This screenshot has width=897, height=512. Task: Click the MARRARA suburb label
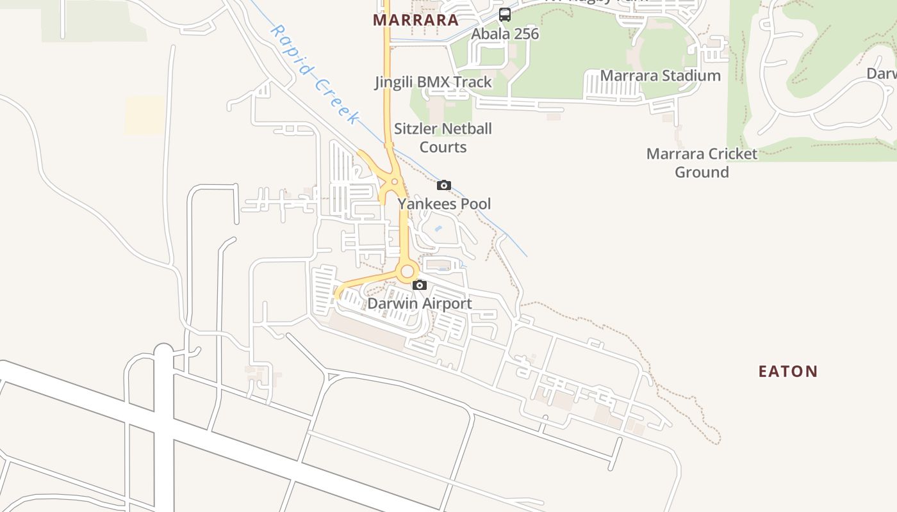tap(415, 20)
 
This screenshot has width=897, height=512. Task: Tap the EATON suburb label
tap(788, 371)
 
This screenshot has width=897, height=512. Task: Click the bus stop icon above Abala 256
tap(505, 14)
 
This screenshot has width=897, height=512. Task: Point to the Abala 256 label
tap(505, 33)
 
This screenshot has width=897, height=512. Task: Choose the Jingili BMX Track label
tap(433, 82)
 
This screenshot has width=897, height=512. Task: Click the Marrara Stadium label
tap(660, 76)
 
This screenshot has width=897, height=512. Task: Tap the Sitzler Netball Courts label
tap(443, 138)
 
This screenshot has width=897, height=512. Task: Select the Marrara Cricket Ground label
tap(702, 163)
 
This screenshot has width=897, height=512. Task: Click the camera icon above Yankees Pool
tap(443, 186)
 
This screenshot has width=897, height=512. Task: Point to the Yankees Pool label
tap(444, 204)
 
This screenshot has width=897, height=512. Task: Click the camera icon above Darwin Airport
tap(420, 285)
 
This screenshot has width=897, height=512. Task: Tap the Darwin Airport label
tap(419, 303)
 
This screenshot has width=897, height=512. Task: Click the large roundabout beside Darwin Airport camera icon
tap(407, 271)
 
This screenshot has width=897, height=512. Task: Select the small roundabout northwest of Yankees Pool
tap(394, 182)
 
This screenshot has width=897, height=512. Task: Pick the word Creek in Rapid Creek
tap(337, 101)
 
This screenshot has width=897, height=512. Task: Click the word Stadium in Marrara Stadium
tap(691, 76)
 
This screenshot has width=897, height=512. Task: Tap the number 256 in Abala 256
tap(525, 33)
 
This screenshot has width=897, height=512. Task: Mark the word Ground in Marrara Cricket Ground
tap(702, 172)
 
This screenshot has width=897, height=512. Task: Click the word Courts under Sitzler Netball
tap(443, 147)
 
